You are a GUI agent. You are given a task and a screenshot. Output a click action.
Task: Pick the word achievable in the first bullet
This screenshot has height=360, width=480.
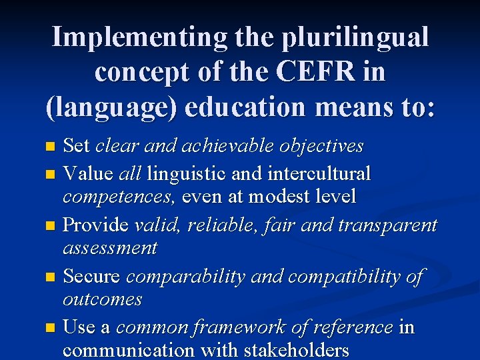[x=214, y=145]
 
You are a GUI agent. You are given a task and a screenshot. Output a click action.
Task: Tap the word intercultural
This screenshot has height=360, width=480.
[x=319, y=174]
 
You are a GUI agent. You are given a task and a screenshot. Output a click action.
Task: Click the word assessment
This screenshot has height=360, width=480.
[x=110, y=249]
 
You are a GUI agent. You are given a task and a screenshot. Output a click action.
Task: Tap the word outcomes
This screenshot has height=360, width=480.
[x=102, y=299]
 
